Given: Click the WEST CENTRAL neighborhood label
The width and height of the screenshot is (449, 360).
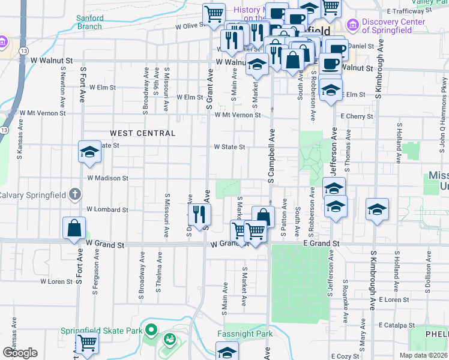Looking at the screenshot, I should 142,133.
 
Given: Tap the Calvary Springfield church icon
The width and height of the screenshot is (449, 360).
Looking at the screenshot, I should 74,194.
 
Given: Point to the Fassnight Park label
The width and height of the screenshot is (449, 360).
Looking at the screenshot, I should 245,334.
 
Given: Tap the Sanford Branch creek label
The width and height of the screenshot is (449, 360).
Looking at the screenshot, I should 89,22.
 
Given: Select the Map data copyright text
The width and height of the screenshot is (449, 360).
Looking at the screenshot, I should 424,355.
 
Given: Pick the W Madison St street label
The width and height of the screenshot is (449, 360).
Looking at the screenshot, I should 107,178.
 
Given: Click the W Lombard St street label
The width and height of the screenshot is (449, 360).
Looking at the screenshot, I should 107,209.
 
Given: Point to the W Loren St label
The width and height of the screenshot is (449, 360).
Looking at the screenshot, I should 56,281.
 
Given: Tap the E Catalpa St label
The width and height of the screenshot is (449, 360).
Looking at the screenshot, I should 394,325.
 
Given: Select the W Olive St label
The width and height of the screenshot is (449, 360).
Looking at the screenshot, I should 190,26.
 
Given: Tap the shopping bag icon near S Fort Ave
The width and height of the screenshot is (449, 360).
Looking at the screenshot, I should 74,229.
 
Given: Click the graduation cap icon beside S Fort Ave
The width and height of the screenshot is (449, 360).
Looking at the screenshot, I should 89,151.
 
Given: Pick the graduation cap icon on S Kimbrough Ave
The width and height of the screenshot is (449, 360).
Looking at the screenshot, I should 377,209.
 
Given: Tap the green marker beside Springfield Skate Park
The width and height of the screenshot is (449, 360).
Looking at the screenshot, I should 151,329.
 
